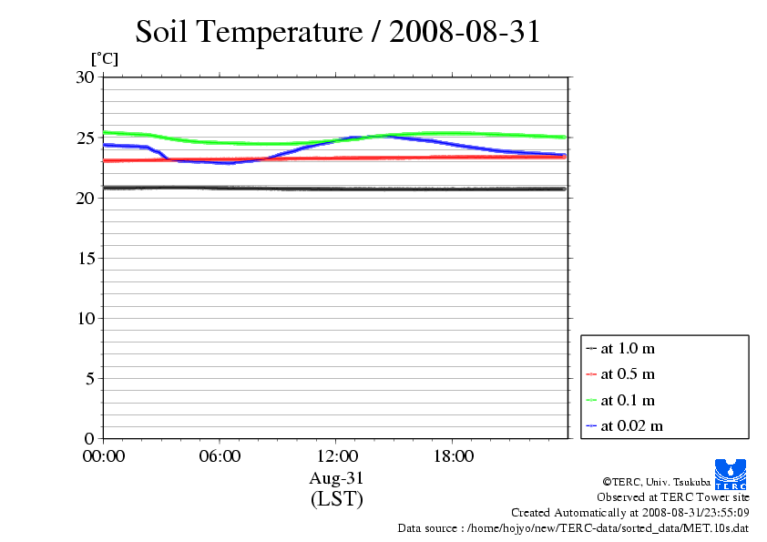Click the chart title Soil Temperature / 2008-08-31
(338, 32)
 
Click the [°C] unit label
(104, 58)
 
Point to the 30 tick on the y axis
(84, 77)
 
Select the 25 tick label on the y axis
(84, 138)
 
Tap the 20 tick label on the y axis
(84, 198)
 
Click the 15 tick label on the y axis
(84, 258)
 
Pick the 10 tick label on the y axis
(84, 318)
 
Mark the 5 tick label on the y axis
(89, 378)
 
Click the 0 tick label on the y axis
(89, 438)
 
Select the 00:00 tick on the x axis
(104, 456)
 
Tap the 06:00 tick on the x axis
(220, 456)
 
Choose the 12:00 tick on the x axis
(336, 456)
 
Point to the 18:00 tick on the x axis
(453, 456)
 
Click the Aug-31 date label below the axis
(336, 478)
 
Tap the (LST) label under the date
(336, 499)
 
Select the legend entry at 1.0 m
(628, 348)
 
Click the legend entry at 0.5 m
(628, 374)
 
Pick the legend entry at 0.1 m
(628, 400)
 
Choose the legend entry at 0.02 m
(631, 425)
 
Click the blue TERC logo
(731, 475)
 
